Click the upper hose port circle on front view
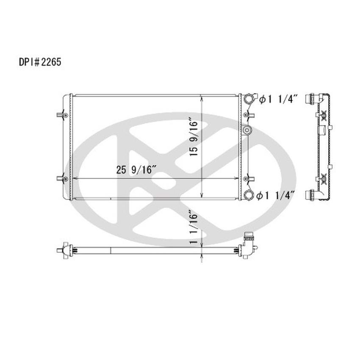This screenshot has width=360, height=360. pos(248,99)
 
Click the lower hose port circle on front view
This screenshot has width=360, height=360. pos(248,195)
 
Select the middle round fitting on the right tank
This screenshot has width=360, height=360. pos(247,129)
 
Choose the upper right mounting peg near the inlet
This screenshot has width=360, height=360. pos(249,115)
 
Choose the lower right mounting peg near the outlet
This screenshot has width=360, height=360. pos(249,179)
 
